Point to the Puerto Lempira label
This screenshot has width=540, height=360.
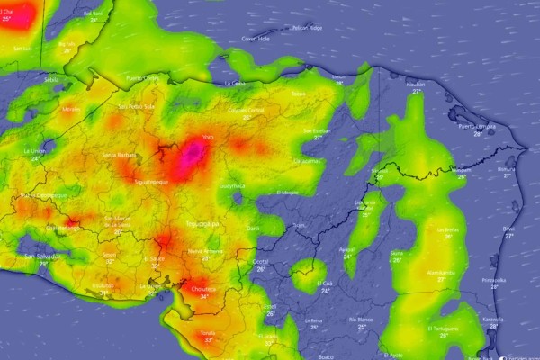click(472, 127)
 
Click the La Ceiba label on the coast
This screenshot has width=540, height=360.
click(236, 83)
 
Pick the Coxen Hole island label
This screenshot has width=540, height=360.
click(256, 40)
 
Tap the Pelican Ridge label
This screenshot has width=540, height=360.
click(308, 28)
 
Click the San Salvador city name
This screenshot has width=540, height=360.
click(43, 256)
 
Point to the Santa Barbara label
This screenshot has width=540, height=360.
click(120, 155)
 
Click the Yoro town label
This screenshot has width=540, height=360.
click(208, 137)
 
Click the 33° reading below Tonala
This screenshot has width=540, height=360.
click(208, 340)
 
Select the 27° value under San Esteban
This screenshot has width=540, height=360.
click(318, 138)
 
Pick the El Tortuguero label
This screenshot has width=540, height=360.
click(443, 328)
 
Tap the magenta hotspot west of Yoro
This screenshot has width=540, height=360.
click(191, 156)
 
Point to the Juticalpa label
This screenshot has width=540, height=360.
click(308, 160)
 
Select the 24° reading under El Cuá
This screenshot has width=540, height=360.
click(325, 291)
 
